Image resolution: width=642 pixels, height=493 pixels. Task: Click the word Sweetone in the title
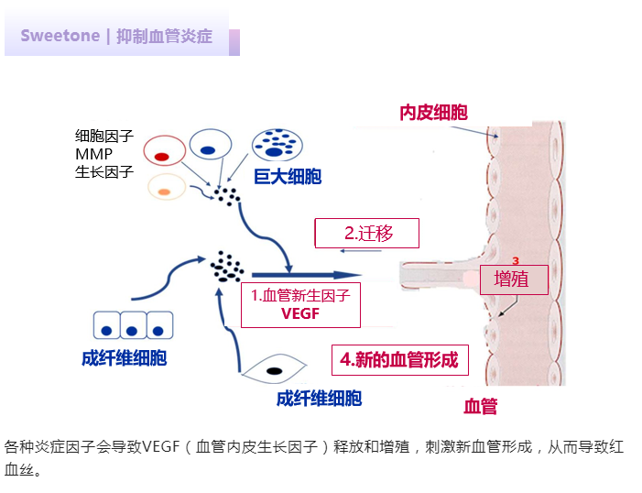coord(60,37)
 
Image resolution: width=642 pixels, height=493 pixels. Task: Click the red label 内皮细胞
coord(433,113)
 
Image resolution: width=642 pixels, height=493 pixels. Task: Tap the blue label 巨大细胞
coord(288,176)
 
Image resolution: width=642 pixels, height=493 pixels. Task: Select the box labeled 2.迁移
coord(367,234)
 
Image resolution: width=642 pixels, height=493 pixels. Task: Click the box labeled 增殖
coord(512,279)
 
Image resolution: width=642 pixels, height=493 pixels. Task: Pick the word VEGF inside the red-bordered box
coord(299,312)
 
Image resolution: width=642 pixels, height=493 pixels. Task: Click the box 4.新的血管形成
coord(399,359)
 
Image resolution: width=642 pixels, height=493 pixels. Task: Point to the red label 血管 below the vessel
coord(480,406)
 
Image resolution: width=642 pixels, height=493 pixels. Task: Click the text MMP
coord(94,154)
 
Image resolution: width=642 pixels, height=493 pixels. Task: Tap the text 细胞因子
coord(104,137)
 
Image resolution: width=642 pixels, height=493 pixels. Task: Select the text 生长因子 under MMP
coord(104,171)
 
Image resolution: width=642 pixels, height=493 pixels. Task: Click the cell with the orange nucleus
coord(166,190)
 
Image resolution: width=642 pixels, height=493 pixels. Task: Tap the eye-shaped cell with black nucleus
coord(273,370)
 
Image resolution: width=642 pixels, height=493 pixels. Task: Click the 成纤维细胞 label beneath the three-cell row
coord(124,358)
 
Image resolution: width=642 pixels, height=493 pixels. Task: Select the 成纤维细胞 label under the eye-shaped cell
coord(319,398)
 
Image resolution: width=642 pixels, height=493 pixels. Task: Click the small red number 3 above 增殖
coord(516,260)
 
